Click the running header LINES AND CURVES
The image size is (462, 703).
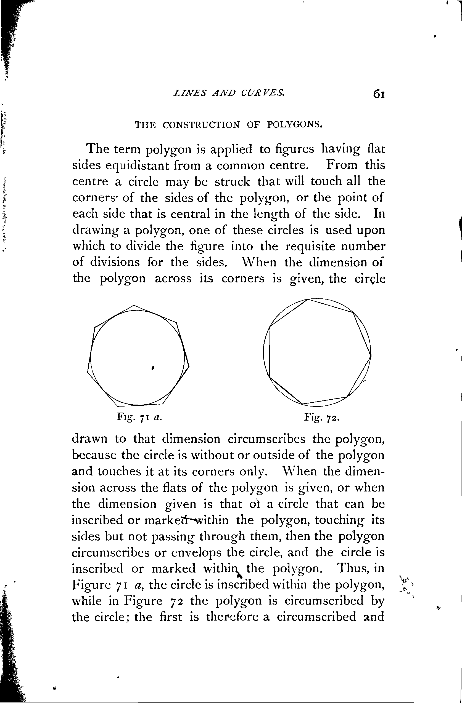pyautogui.click(x=229, y=93)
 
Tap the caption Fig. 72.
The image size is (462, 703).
pyautogui.click(x=322, y=417)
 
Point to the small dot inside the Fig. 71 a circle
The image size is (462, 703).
pyautogui.click(x=152, y=368)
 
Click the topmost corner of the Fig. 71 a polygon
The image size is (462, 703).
pyautogui.click(x=134, y=305)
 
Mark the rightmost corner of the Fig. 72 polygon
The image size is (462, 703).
pyautogui.click(x=371, y=355)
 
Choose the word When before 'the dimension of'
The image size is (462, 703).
pyautogui.click(x=259, y=262)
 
